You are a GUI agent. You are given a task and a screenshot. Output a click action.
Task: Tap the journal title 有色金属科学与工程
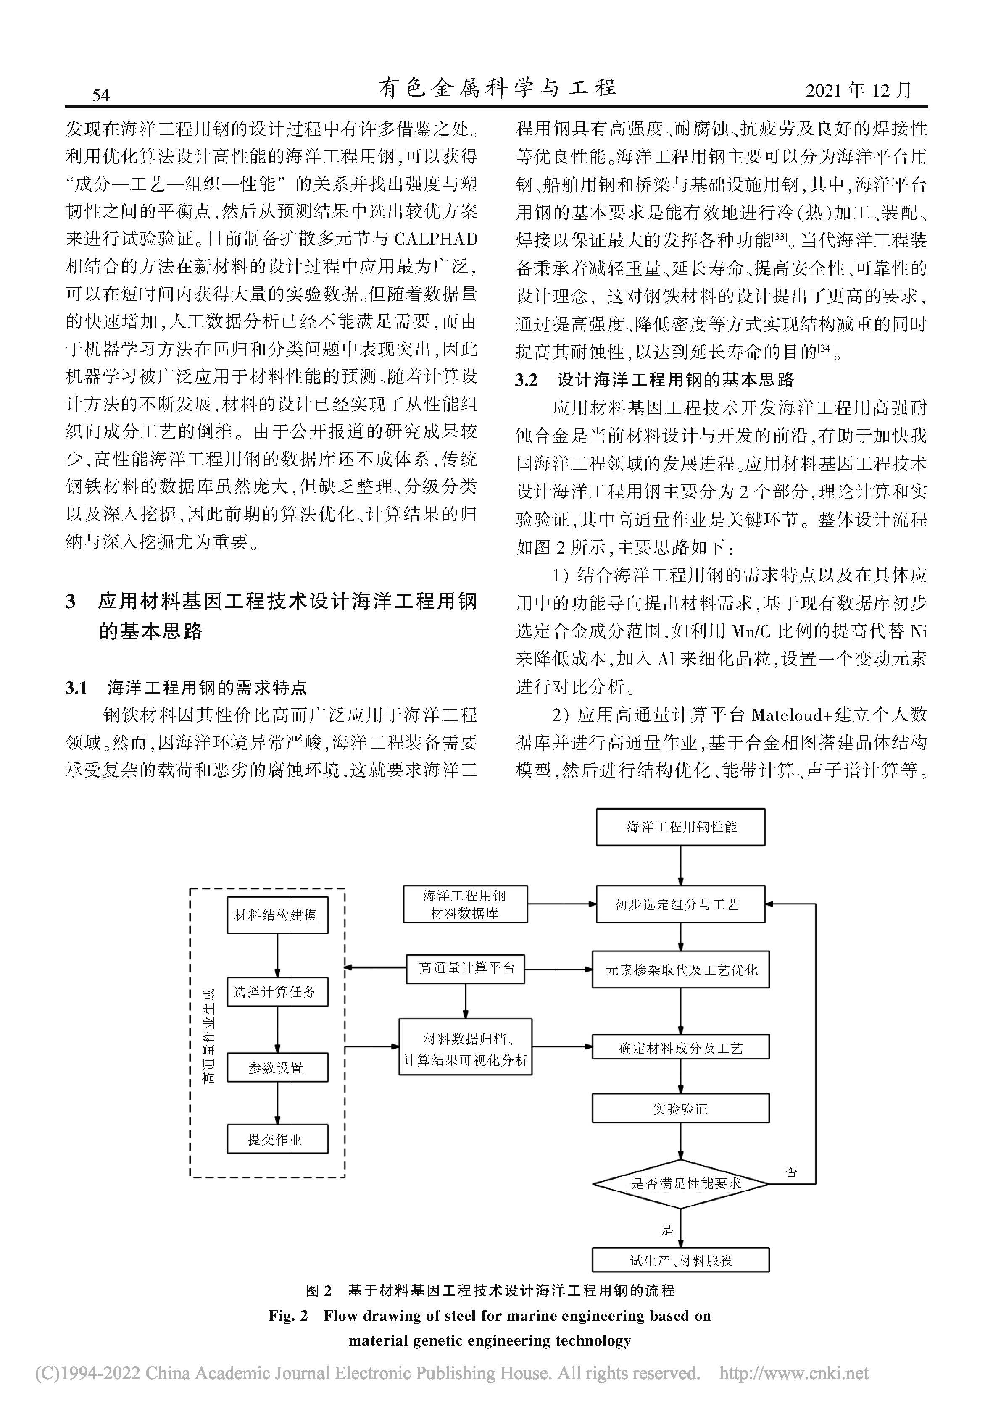tap(497, 89)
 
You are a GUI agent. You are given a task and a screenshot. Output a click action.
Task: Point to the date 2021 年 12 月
tap(858, 91)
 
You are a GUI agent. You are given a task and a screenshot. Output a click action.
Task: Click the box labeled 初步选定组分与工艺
tap(681, 904)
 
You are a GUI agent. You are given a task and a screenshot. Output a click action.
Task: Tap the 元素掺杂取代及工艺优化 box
tap(681, 970)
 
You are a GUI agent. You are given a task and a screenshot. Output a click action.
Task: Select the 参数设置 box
tap(277, 1068)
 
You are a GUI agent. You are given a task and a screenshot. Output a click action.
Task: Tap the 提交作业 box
tap(277, 1139)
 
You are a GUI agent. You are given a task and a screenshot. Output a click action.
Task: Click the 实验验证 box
tap(681, 1109)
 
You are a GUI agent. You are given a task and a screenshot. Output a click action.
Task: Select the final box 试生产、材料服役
tap(681, 1260)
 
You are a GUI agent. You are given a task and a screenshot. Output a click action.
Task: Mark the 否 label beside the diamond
tap(791, 1171)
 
